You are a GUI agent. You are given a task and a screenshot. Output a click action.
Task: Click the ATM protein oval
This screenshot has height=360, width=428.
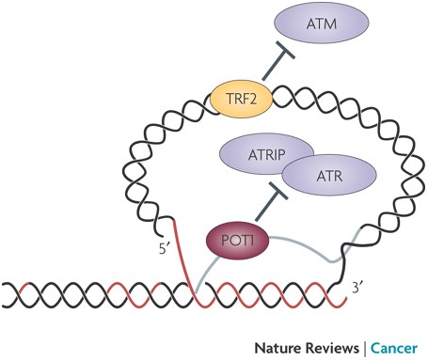click(x=322, y=23)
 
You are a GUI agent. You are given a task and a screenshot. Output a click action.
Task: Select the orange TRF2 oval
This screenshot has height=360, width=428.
click(x=241, y=99)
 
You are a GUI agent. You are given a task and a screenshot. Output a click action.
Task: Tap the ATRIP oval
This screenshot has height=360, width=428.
click(x=266, y=155)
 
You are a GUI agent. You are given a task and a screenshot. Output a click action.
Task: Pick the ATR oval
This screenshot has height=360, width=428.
click(x=329, y=176)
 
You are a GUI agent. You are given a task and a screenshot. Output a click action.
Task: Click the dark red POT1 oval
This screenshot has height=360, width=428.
click(x=238, y=241)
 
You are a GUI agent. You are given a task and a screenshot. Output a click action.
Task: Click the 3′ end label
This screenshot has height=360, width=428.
click(x=357, y=287)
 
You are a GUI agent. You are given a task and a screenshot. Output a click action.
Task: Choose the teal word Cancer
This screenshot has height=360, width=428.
click(x=394, y=348)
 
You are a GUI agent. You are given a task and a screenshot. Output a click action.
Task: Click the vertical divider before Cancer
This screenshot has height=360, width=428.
click(x=365, y=349)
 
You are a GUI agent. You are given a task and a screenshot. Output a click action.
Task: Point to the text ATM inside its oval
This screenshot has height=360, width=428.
click(x=322, y=23)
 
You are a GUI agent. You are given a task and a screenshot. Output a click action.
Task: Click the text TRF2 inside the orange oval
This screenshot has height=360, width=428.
click(x=241, y=100)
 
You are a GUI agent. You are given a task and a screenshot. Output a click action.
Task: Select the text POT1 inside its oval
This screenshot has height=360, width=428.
click(x=237, y=241)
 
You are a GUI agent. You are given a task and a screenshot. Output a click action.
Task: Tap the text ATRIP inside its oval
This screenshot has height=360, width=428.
click(x=266, y=155)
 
